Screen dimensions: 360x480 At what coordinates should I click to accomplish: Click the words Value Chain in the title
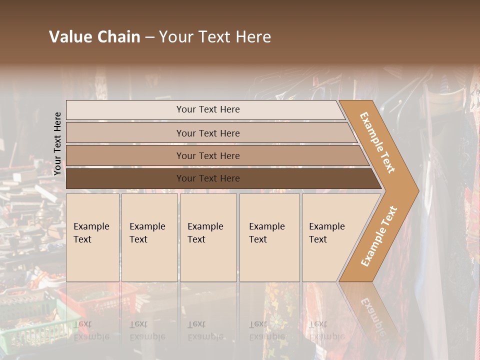(x=94, y=37)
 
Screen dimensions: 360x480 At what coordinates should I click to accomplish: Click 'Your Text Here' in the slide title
(x=215, y=37)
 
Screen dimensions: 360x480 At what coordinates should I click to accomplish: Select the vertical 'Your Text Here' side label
(x=57, y=144)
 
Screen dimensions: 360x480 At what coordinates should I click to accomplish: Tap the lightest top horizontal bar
(x=125, y=109)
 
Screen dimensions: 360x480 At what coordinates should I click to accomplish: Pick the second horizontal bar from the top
(x=125, y=133)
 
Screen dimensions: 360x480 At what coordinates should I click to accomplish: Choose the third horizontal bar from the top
(x=125, y=155)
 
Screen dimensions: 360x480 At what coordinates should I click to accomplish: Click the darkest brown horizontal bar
(x=125, y=178)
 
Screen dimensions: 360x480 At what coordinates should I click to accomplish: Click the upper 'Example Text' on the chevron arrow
(x=377, y=142)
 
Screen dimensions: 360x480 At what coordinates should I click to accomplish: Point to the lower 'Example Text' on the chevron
(x=379, y=236)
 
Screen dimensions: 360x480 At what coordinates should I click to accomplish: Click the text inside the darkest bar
(x=208, y=178)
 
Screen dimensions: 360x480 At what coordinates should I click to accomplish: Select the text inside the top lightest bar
(x=208, y=109)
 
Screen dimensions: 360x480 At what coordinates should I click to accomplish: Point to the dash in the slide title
(x=149, y=37)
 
